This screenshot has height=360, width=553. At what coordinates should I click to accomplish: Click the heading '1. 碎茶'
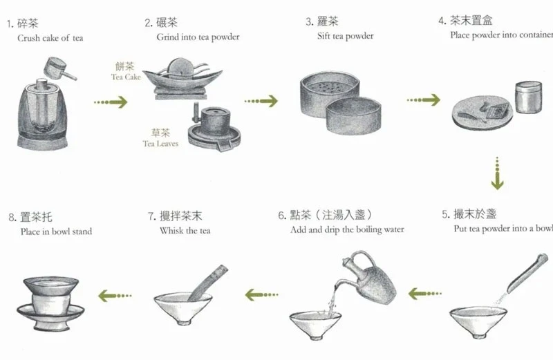coord(23,23)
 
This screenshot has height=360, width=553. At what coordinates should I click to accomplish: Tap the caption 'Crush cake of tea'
coord(50,38)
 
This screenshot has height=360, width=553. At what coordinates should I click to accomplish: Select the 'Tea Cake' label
coord(126,77)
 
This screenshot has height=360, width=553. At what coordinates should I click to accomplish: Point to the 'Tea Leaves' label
coord(160,144)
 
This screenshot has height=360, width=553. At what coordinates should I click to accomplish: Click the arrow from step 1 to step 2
coord(111,102)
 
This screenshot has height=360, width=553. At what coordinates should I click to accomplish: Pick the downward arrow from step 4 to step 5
coord(497,173)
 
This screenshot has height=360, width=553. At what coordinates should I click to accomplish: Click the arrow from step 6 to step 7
coord(262,295)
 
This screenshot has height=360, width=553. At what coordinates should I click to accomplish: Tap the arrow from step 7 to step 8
coord(115,296)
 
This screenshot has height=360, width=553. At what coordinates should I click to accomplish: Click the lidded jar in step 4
coord(528,97)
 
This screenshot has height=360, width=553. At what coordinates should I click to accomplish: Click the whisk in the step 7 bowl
coord(208,283)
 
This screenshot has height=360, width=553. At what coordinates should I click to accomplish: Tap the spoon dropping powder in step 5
coord(527,273)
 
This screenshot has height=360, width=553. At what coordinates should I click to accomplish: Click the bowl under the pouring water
coord(315,325)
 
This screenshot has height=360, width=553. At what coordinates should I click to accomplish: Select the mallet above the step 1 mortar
coord(59,70)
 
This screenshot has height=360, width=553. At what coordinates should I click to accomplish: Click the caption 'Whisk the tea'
coord(185,231)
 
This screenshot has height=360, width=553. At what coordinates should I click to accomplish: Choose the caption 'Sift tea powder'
coord(345,36)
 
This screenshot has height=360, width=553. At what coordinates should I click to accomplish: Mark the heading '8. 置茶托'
coord(30,217)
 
